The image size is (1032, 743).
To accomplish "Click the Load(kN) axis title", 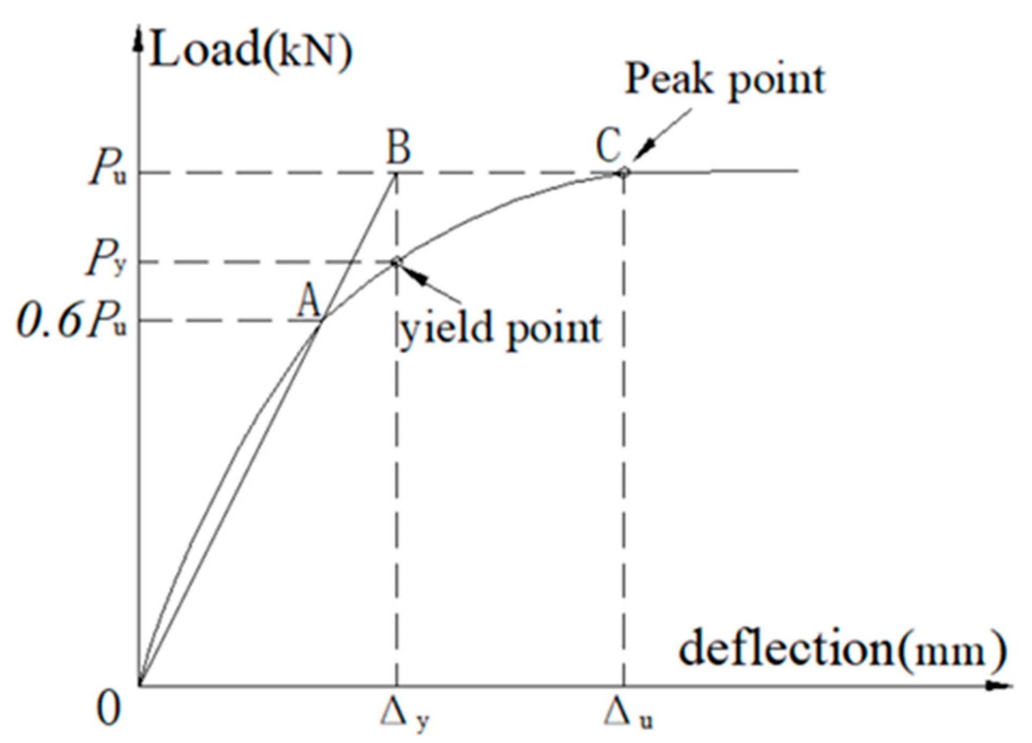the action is click(251, 51).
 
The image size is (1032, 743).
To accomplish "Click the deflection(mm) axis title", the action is click(842, 650).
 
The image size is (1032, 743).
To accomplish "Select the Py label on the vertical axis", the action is click(106, 260).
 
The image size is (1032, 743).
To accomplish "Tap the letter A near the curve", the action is click(309, 301).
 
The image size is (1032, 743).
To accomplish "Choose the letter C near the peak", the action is click(609, 145).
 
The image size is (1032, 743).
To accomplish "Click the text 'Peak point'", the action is click(725, 80).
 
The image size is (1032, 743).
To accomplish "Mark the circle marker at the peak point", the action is click(624, 172).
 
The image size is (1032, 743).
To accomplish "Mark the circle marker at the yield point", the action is click(396, 261).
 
